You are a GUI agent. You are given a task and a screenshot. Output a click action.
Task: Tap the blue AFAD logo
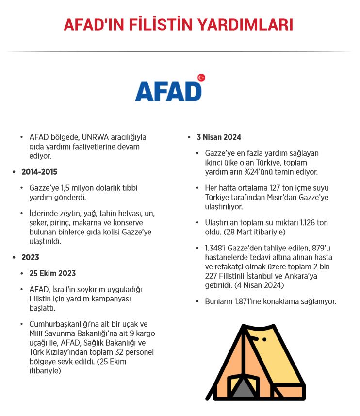pyautogui.click(x=168, y=91)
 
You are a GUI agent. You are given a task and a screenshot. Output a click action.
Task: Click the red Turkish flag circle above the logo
pyautogui.click(x=201, y=78)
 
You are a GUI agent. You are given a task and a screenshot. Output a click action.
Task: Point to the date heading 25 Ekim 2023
pyautogui.click(x=52, y=273)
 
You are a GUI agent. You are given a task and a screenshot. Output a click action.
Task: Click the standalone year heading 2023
pyautogui.click(x=30, y=257)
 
